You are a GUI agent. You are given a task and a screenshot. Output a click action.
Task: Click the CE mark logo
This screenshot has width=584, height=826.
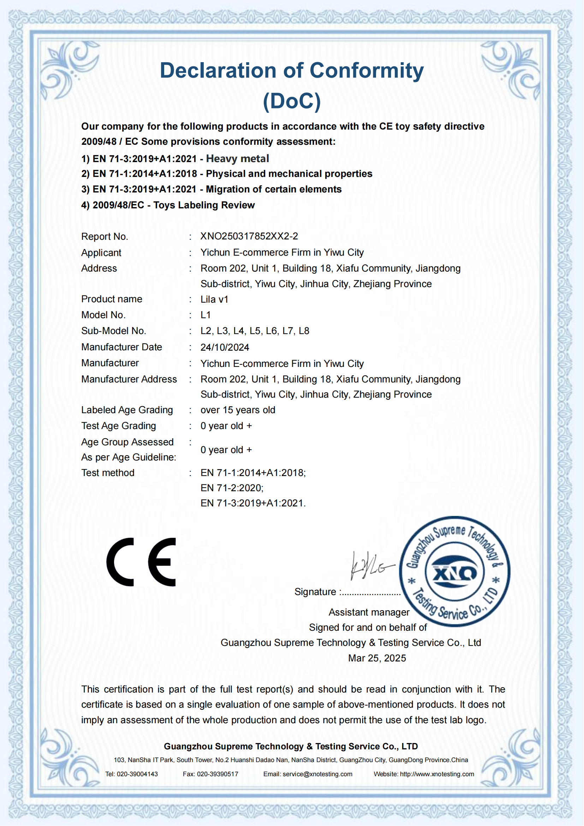point(141,562)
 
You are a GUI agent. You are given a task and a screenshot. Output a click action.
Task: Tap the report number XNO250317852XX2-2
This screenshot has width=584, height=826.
point(249,236)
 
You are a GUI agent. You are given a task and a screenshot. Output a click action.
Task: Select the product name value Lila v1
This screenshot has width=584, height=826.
point(214,299)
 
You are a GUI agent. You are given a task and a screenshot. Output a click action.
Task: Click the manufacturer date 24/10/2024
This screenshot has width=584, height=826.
point(225,347)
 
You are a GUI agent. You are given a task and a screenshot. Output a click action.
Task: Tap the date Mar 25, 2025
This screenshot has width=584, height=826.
point(377,658)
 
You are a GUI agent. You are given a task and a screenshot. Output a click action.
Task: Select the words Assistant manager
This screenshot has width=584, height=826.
point(369,612)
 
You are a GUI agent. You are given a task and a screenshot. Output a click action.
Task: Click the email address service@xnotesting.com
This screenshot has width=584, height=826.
point(317,774)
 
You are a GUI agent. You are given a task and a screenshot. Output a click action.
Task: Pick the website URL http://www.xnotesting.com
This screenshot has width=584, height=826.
point(437,774)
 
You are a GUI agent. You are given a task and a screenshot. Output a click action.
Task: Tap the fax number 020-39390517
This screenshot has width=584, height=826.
point(217,774)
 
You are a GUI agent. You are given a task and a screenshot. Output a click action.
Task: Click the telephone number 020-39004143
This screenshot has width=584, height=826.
point(137,774)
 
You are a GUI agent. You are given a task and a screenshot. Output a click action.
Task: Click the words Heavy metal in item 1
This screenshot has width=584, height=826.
point(237,159)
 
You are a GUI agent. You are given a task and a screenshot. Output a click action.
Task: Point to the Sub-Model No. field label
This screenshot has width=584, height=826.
point(114,331)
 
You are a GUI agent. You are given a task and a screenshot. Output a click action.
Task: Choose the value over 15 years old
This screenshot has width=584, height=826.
point(238,410)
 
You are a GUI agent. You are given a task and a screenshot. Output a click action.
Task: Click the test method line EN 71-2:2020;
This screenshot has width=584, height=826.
point(232,488)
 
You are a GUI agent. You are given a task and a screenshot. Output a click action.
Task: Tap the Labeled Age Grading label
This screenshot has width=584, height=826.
point(127,410)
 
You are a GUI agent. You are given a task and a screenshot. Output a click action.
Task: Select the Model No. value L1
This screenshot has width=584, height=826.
point(206,315)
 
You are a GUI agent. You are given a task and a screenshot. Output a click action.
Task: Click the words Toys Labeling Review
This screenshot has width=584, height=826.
point(204,205)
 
